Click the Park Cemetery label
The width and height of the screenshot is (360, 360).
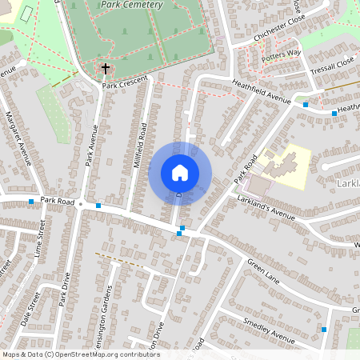[x=132, y=5]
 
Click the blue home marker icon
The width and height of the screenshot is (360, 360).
[x=180, y=173]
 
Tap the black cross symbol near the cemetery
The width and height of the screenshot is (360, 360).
[x=105, y=69]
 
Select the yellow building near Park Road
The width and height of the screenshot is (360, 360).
[x=284, y=167]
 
